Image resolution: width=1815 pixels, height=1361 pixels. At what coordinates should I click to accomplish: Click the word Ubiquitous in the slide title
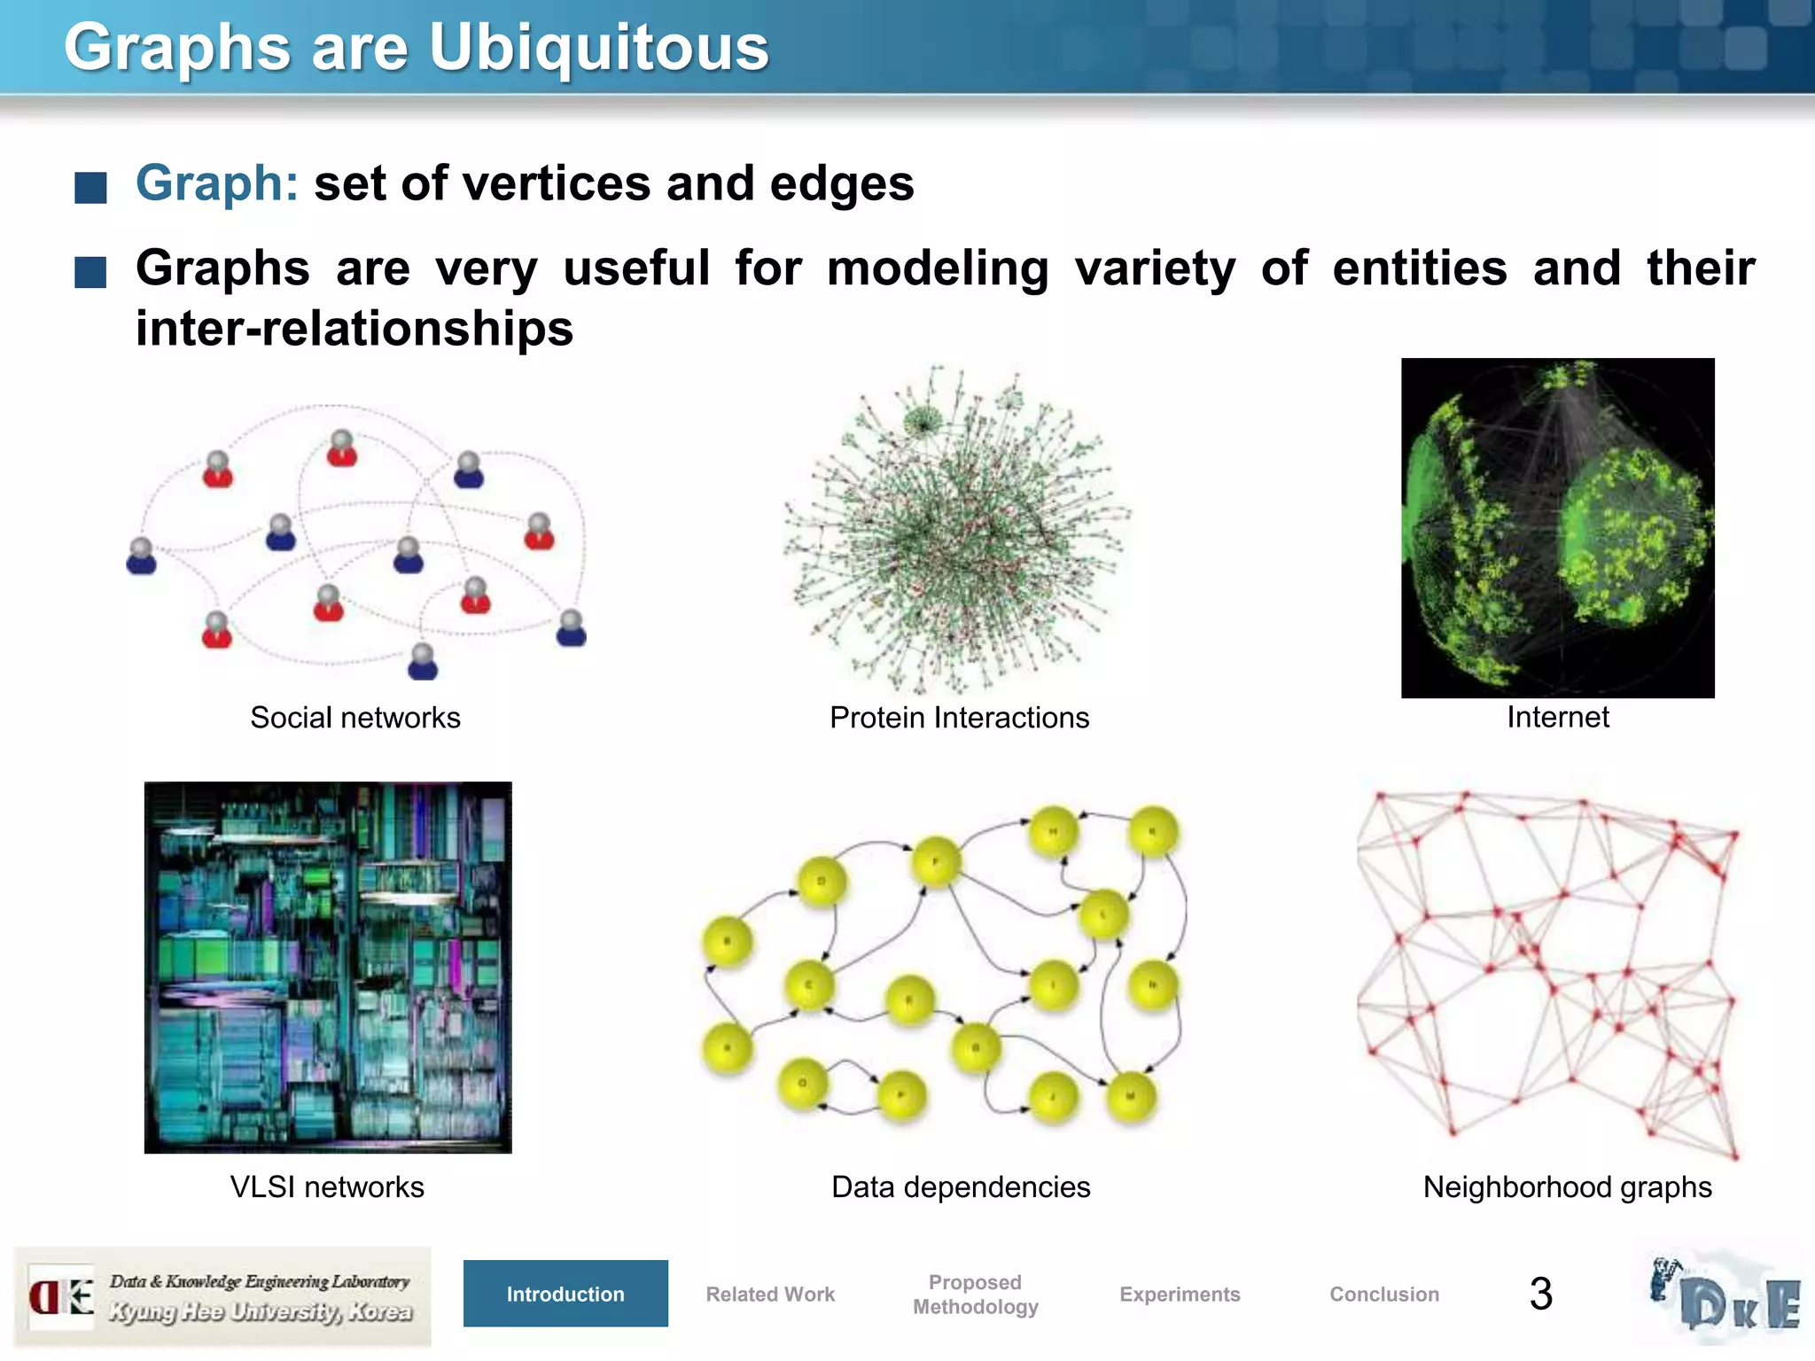click(x=599, y=49)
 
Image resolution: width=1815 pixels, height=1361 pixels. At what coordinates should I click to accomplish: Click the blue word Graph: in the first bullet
click(x=216, y=183)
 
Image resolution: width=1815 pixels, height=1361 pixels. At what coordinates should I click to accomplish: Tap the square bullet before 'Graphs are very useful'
click(x=90, y=273)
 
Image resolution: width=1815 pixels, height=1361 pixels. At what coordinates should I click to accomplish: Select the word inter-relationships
click(x=354, y=329)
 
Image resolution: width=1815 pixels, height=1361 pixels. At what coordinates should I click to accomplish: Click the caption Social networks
click(x=355, y=717)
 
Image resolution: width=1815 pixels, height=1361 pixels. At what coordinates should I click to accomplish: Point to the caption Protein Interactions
click(x=959, y=717)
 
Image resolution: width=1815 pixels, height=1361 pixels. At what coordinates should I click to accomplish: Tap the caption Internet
click(x=1557, y=716)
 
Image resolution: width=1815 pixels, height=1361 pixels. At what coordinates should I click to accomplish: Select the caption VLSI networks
click(x=327, y=1186)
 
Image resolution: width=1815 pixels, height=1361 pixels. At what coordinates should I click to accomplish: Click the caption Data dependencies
click(x=961, y=1186)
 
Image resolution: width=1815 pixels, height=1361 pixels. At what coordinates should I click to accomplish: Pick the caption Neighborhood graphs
click(x=1567, y=1186)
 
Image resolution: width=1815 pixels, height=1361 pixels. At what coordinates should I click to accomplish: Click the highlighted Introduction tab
click(x=565, y=1294)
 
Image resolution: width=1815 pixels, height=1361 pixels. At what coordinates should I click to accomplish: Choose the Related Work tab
click(x=770, y=1294)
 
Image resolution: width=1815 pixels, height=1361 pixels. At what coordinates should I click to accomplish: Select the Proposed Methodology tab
click(x=975, y=1294)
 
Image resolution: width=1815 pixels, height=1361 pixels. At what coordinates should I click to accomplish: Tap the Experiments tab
click(x=1180, y=1294)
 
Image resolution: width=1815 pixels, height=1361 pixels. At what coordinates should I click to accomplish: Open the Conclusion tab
click(x=1384, y=1294)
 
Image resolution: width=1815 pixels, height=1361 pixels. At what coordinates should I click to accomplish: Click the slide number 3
click(x=1541, y=1294)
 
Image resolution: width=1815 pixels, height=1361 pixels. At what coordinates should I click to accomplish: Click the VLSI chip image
click(x=328, y=967)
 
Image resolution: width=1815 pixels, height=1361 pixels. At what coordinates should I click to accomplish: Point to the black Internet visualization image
click(x=1557, y=527)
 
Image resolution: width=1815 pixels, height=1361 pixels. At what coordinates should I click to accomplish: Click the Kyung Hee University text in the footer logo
click(x=261, y=1311)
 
